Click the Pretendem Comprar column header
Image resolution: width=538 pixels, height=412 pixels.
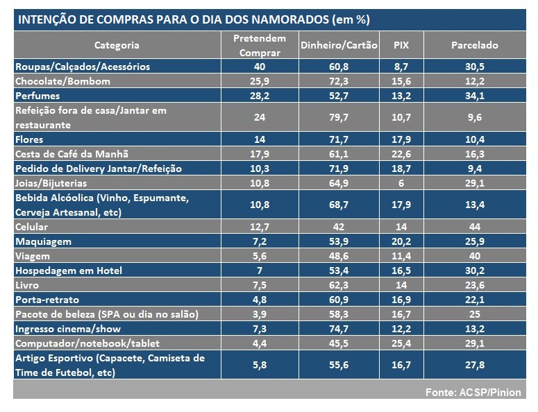(x=259, y=45)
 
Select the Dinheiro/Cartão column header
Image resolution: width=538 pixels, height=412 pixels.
(x=339, y=45)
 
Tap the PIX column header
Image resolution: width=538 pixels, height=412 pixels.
(x=401, y=45)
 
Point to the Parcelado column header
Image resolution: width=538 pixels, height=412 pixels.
(x=474, y=45)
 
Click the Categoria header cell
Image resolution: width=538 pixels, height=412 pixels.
(x=117, y=45)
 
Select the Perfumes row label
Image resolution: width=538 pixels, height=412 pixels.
(x=37, y=96)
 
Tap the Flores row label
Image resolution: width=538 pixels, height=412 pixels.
(x=30, y=139)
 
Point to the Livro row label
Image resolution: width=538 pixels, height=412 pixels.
(x=28, y=285)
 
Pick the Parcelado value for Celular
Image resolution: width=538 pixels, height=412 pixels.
(x=474, y=227)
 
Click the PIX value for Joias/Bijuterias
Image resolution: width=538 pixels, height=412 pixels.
(x=401, y=183)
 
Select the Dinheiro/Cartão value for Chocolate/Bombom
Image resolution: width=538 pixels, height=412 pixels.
(x=339, y=81)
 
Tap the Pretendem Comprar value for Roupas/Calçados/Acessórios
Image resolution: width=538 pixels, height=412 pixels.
(x=259, y=67)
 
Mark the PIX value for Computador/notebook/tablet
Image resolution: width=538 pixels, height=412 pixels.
(x=401, y=343)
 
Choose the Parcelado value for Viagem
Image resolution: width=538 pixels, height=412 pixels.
(x=474, y=256)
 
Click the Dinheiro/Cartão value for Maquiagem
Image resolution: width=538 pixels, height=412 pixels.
(x=339, y=241)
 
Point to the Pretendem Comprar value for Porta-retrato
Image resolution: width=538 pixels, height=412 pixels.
(x=259, y=300)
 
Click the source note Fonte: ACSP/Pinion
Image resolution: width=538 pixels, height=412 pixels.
(x=473, y=393)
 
